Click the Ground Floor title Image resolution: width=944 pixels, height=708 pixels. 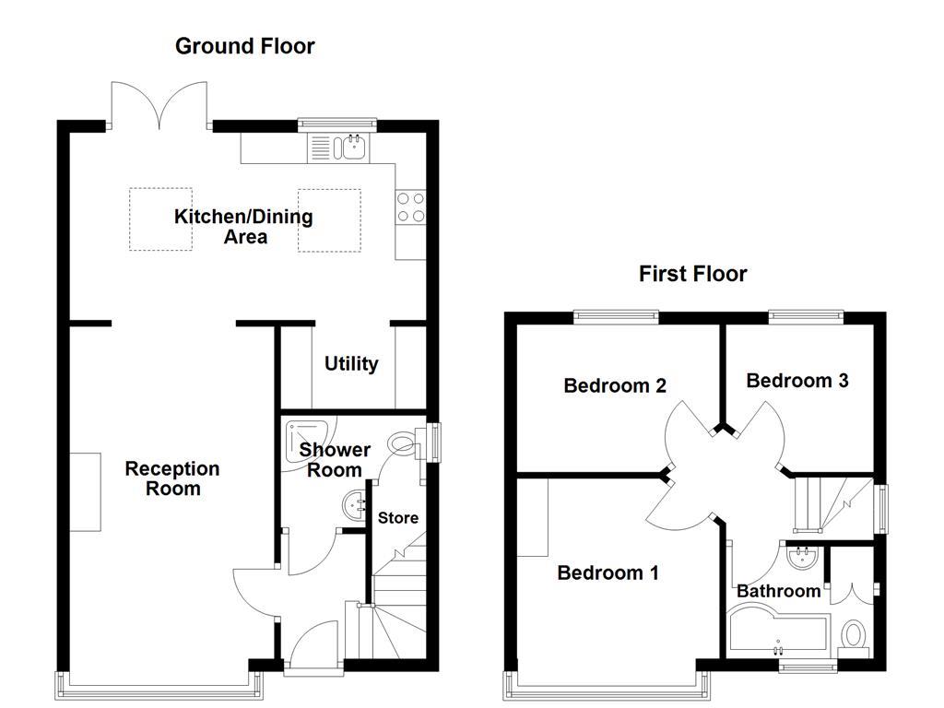click(x=244, y=46)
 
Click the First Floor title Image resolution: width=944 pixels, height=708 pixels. click(x=692, y=274)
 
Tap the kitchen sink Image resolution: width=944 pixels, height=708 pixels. click(x=352, y=145)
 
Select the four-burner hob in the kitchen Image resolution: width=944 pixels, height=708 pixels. click(x=410, y=206)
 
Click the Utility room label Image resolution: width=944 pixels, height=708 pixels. click(x=351, y=364)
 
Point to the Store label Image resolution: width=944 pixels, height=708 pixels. click(x=398, y=518)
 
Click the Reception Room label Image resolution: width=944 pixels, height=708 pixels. click(x=172, y=478)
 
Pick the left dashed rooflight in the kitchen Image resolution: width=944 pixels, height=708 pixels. click(x=160, y=219)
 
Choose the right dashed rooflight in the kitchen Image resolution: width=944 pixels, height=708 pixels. click(x=329, y=219)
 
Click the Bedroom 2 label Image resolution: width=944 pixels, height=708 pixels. click(x=615, y=385)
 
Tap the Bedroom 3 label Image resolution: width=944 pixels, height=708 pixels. click(x=797, y=381)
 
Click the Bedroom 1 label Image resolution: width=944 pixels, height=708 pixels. click(x=608, y=573)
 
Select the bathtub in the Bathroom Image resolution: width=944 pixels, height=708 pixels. click(x=779, y=631)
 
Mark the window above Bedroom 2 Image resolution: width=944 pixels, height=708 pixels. click(x=616, y=317)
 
